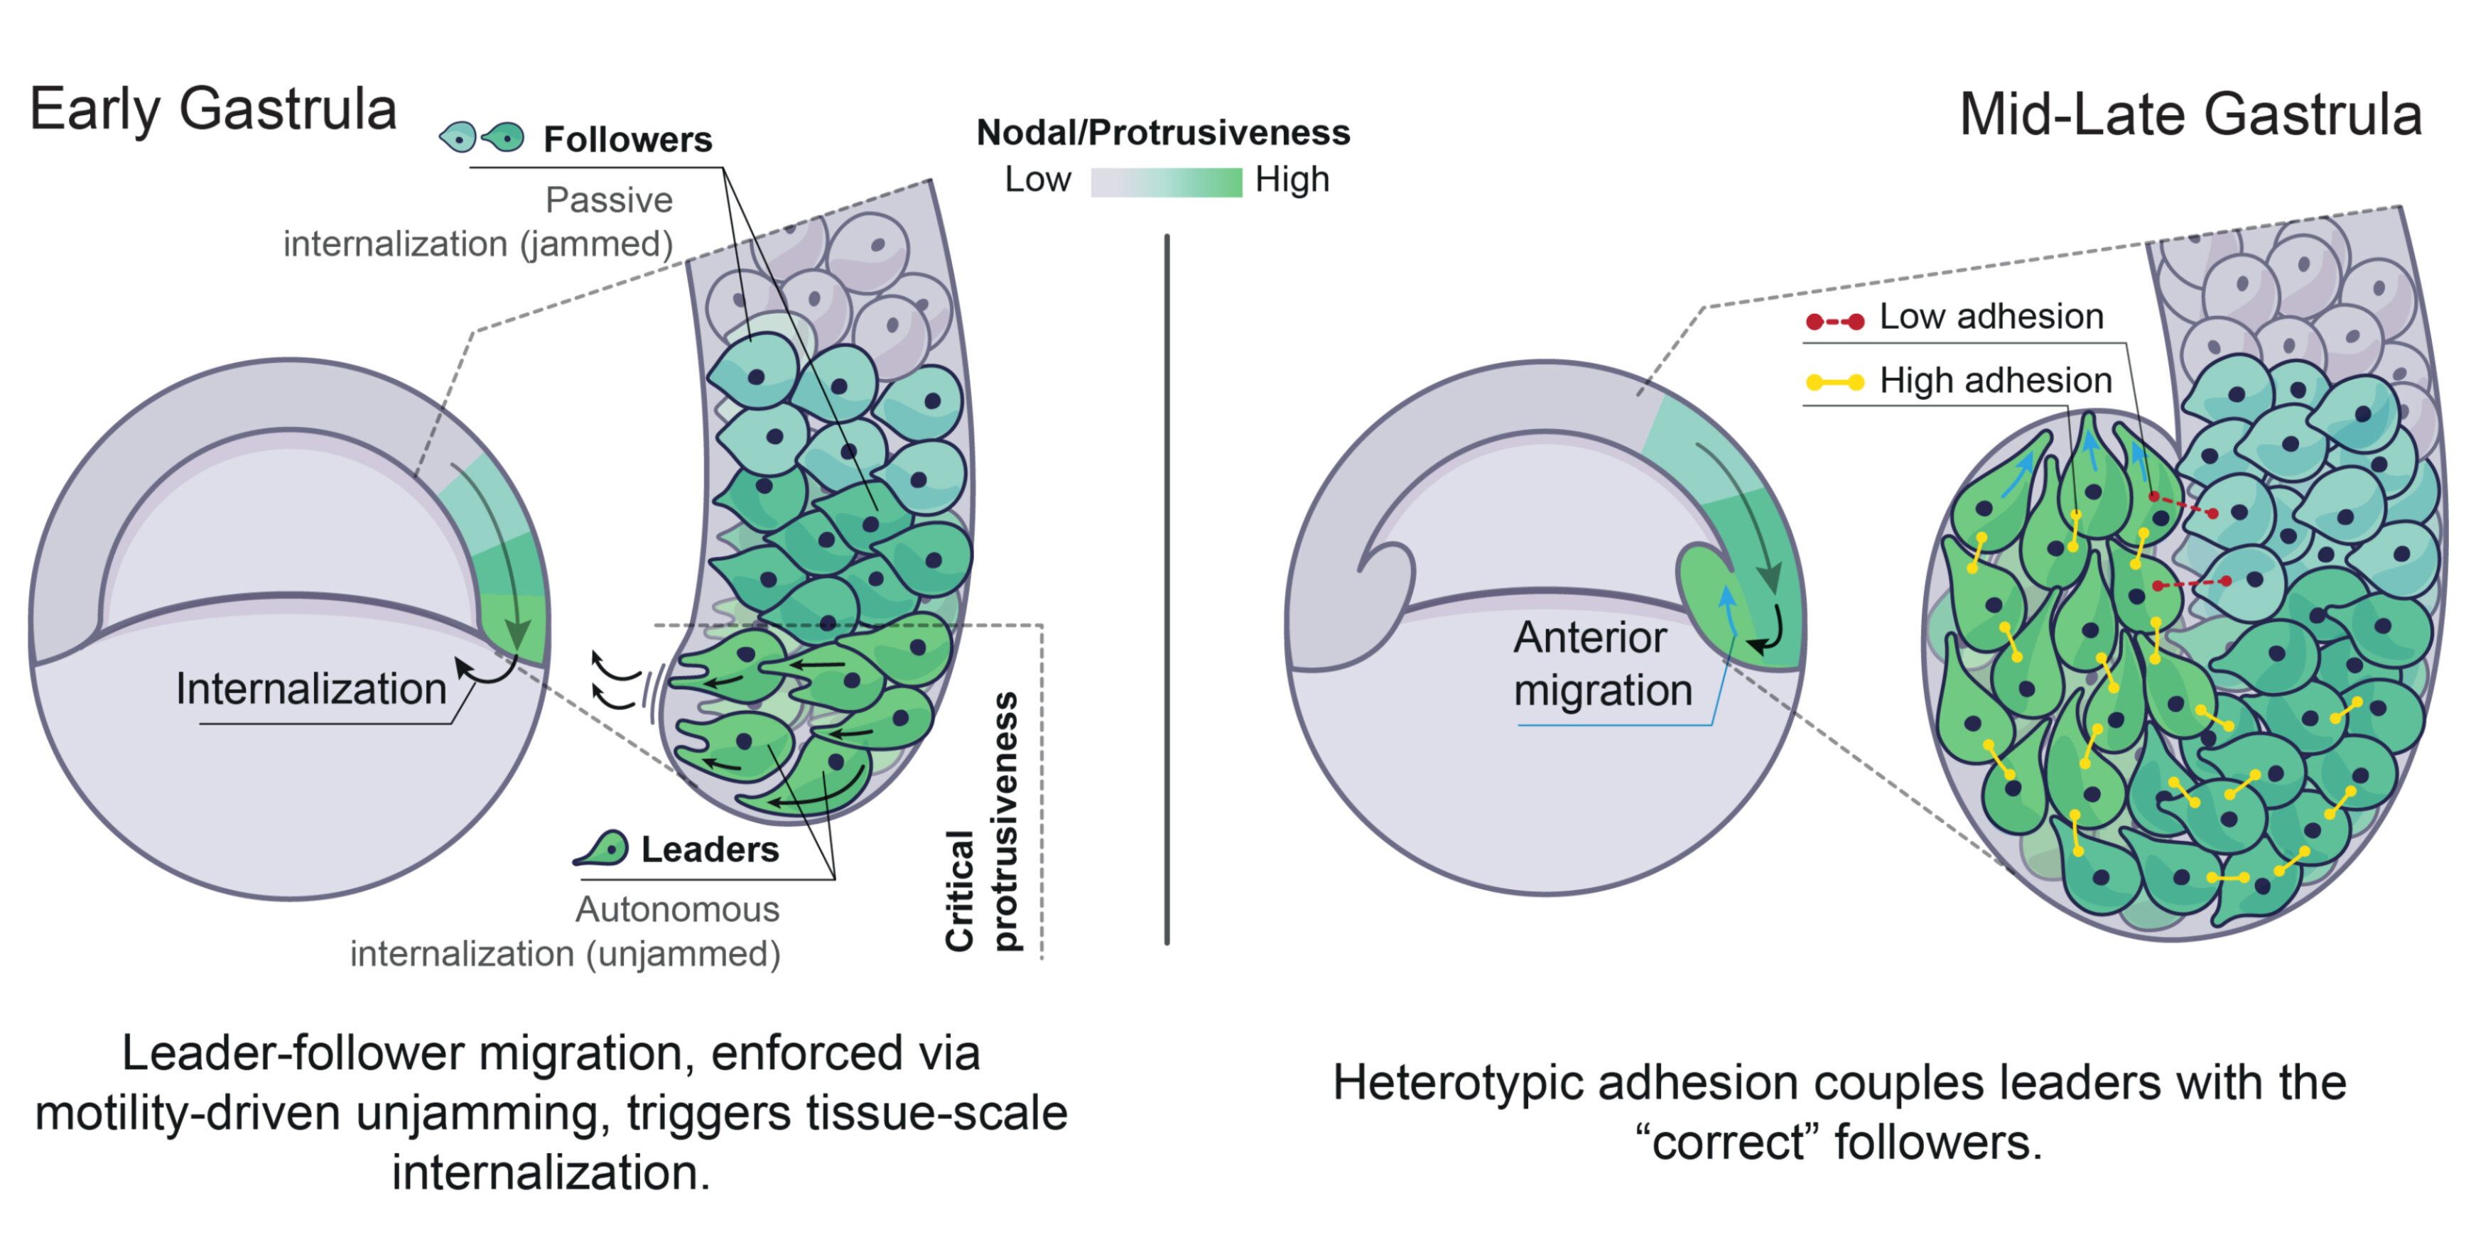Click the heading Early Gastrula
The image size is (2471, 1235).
pos(213,109)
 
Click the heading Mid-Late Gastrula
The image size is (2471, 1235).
pos(2190,115)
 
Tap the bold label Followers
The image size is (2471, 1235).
pos(627,140)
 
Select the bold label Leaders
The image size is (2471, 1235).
pos(710,849)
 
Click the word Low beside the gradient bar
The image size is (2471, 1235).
pos(1037,179)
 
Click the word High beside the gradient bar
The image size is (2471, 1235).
pos(1292,179)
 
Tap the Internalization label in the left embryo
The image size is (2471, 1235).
pos(310,688)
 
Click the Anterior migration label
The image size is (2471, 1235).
pos(1603,663)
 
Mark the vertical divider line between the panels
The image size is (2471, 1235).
pos(1167,589)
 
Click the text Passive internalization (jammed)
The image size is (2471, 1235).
pos(477,222)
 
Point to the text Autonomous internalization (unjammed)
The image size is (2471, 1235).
pos(566,931)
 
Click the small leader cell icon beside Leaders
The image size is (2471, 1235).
pos(602,849)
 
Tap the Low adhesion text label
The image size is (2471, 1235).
pos(1991,317)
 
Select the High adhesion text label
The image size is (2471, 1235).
pos(1995,381)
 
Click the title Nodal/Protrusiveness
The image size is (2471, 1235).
pos(1162,132)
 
